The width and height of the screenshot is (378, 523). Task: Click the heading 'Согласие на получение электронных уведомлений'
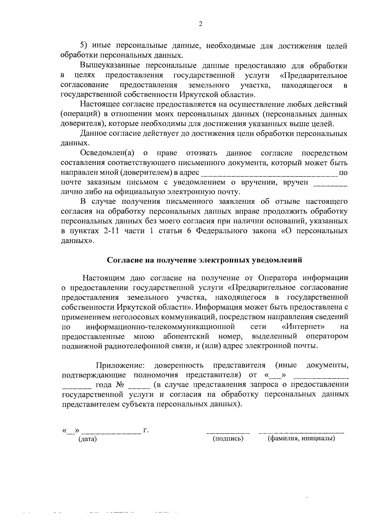(x=205, y=260)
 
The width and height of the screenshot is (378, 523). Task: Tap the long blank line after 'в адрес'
(x=269, y=175)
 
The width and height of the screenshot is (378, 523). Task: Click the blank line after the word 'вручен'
(x=331, y=185)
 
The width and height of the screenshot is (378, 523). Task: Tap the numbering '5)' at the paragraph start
(x=84, y=46)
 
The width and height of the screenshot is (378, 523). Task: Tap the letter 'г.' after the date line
(x=146, y=430)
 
